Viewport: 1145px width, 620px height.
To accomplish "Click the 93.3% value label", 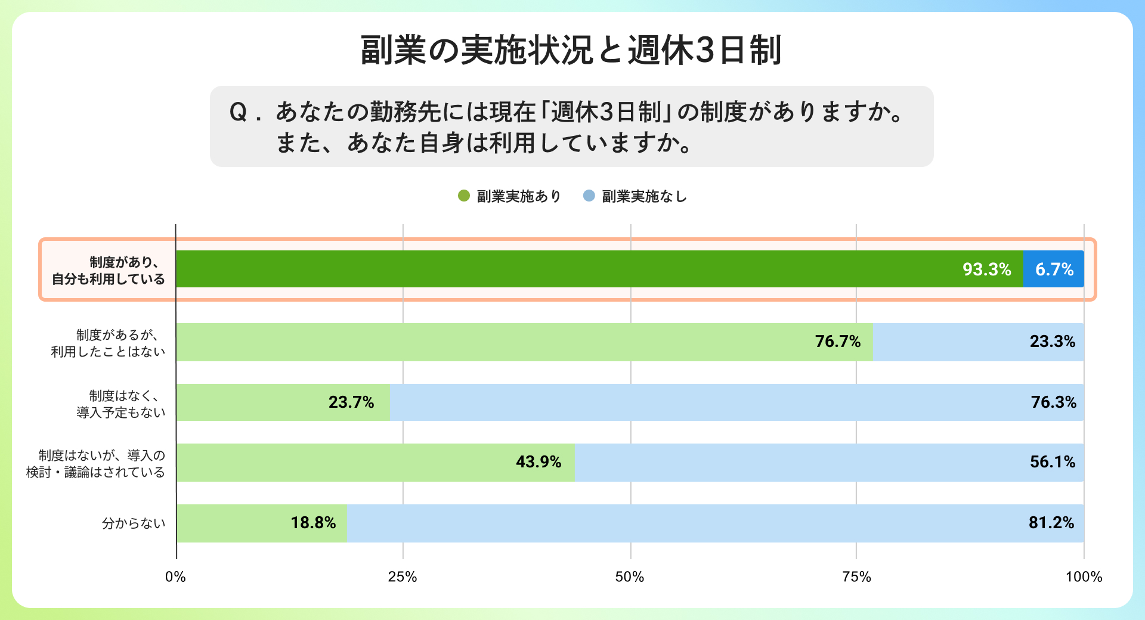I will (986, 269).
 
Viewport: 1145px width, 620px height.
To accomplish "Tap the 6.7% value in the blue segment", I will (1054, 269).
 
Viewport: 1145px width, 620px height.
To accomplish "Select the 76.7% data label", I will (837, 342).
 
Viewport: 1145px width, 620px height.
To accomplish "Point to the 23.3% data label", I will (1052, 342).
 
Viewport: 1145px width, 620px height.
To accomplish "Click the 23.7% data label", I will (351, 402).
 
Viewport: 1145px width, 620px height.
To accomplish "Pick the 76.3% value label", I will (1053, 402).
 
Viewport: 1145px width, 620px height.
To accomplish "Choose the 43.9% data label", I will (538, 462).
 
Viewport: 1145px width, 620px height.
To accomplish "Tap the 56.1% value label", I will (1052, 462).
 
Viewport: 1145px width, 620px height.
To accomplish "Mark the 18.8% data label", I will (313, 523).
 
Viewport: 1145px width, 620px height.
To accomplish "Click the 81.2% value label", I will (1051, 523).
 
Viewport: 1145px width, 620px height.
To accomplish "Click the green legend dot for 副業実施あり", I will (464, 196).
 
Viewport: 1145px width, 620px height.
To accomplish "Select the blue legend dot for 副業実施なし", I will (589, 196).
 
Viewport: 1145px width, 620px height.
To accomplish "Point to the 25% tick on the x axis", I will (403, 576).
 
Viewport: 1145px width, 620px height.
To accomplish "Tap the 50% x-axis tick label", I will (630, 576).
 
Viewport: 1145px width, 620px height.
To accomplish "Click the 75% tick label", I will (856, 576).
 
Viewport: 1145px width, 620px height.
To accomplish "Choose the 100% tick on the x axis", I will (1084, 576).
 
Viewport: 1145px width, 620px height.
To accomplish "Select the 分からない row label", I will (134, 523).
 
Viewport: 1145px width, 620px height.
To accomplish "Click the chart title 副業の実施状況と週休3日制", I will (571, 50).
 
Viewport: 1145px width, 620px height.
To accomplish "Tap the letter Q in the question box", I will (238, 112).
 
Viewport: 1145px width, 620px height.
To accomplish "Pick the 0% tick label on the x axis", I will (175, 576).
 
